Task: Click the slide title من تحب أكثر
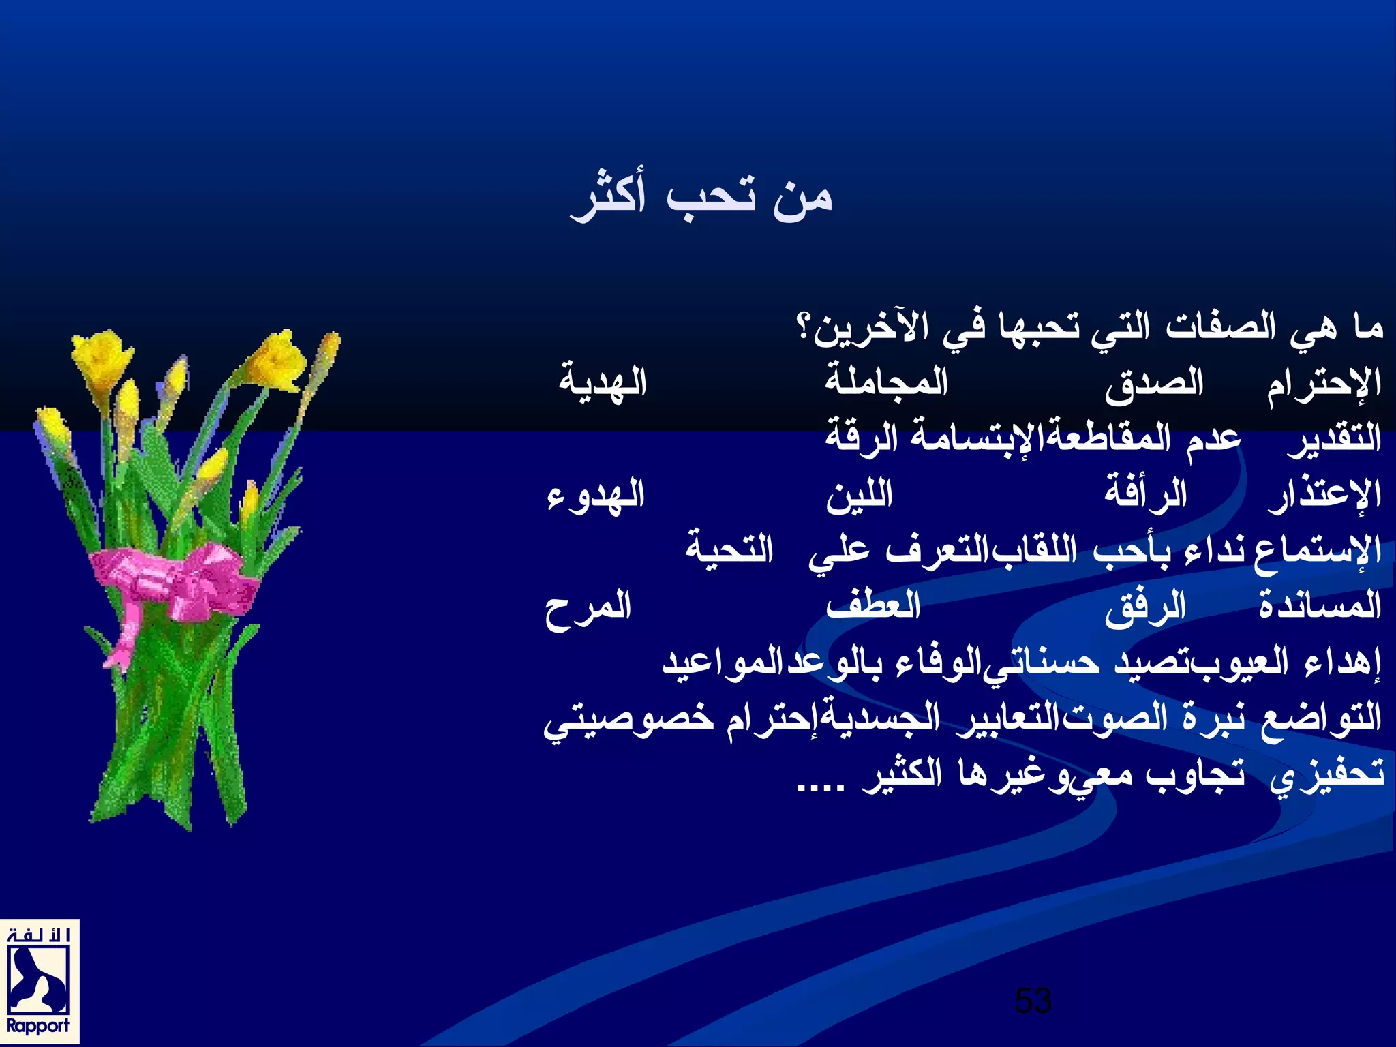tap(701, 197)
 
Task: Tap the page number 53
tap(1033, 1001)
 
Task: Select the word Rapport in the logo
tap(38, 1025)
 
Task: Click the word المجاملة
tap(887, 382)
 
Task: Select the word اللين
tap(860, 494)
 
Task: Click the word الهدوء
tap(596, 496)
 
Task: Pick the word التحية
tap(729, 549)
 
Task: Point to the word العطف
tap(873, 605)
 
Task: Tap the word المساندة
tap(1320, 605)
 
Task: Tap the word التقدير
tap(1334, 438)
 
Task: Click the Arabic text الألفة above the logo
tap(38, 934)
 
